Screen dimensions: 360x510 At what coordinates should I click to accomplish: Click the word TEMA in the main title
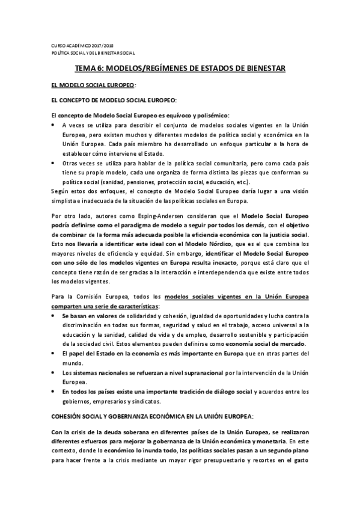85,70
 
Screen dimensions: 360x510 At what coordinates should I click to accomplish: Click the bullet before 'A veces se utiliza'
54,124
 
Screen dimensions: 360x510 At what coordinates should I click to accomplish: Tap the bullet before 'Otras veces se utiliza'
54,163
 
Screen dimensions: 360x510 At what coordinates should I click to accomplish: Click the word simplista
65,200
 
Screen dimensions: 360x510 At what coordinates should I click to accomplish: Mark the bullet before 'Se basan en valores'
54,316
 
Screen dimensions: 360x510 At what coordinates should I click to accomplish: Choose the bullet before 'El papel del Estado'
54,353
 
